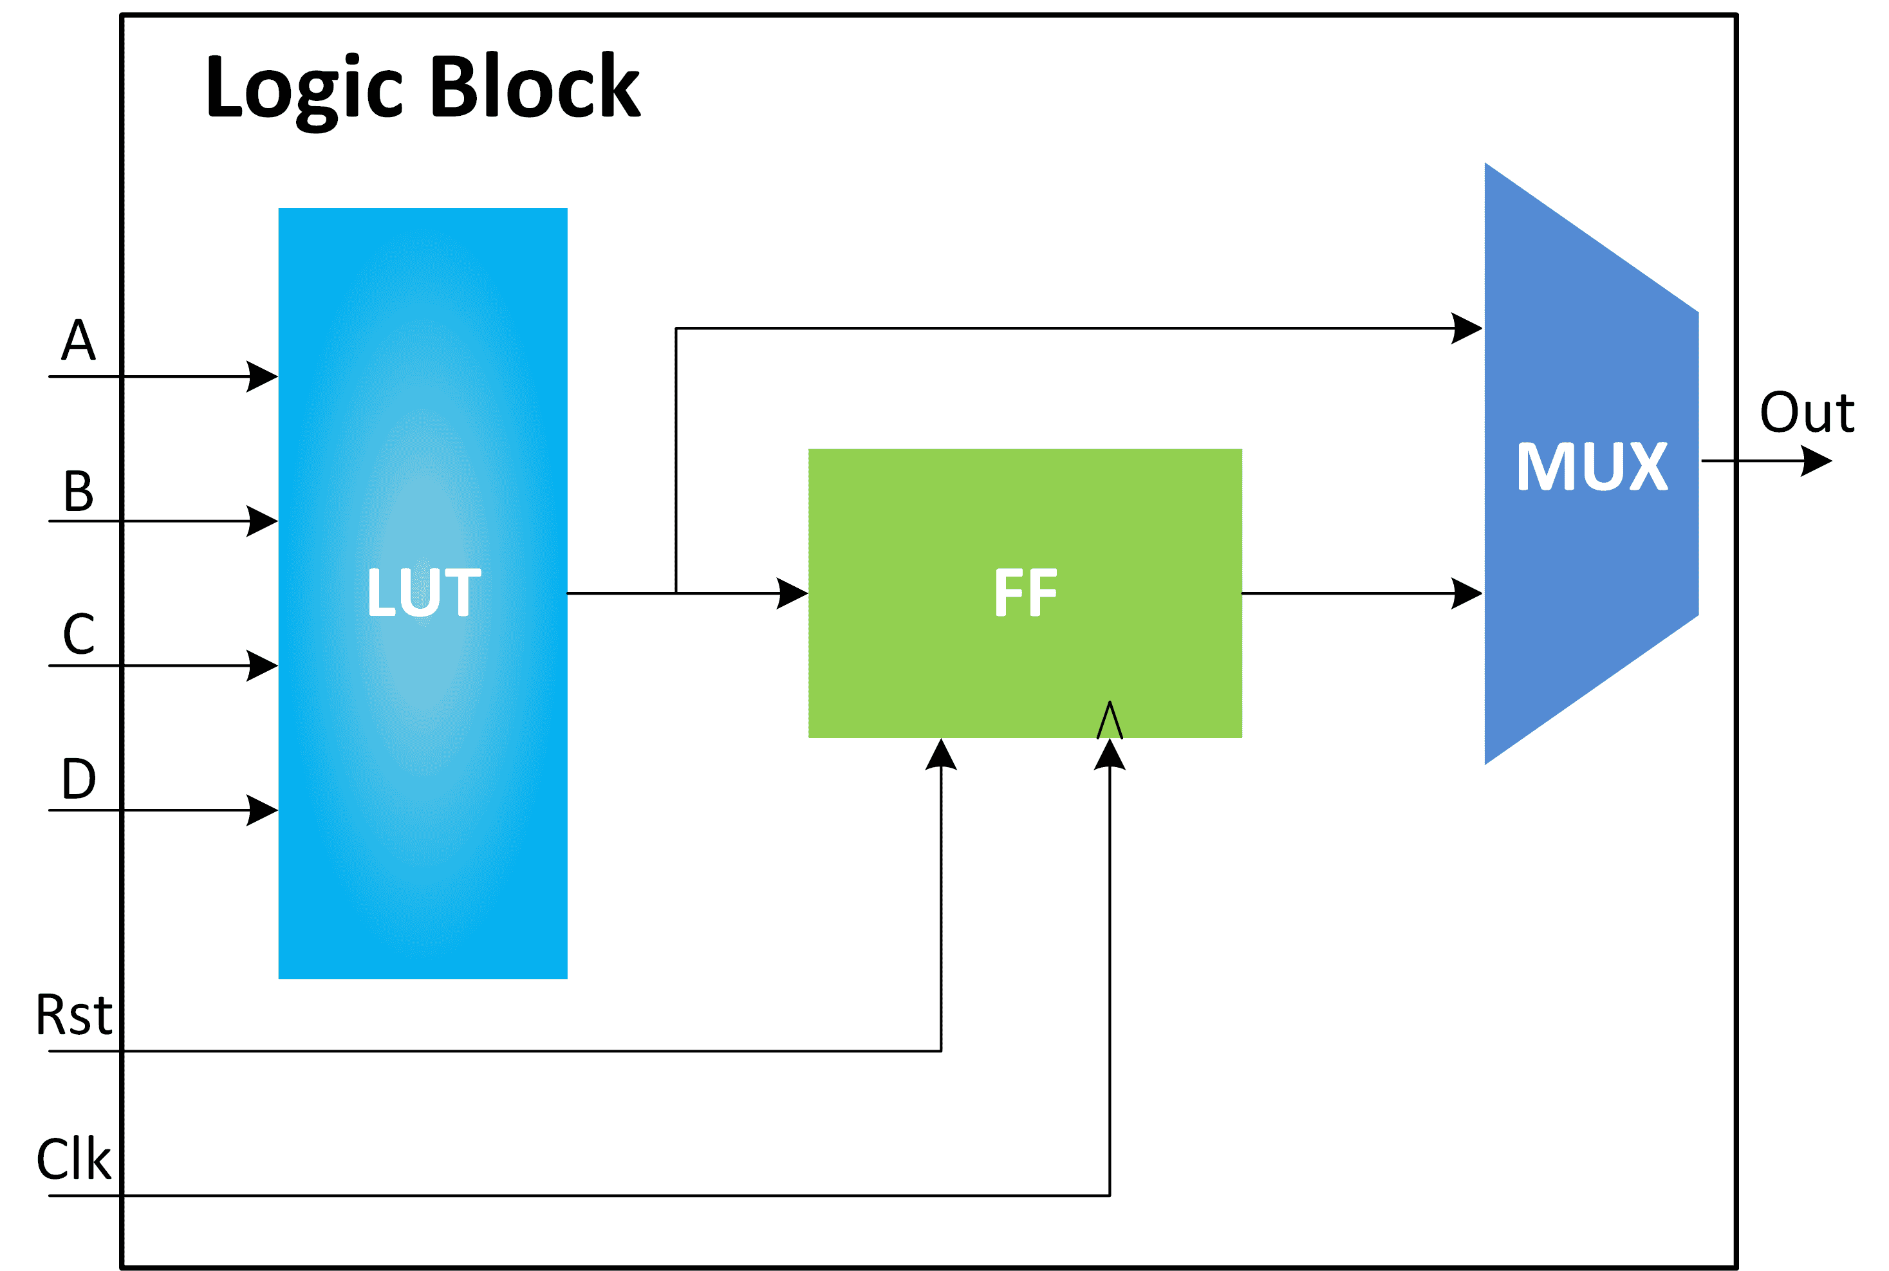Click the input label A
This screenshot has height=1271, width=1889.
click(79, 340)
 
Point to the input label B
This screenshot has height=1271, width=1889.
click(79, 490)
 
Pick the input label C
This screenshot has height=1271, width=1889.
click(79, 634)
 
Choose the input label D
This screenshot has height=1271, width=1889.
click(79, 778)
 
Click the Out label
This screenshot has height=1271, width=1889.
click(1807, 413)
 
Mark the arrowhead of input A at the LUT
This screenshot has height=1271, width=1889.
click(263, 376)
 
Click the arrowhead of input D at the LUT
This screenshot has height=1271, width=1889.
click(263, 810)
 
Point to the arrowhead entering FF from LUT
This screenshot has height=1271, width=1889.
click(792, 593)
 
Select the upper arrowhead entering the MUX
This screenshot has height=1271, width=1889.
click(1467, 328)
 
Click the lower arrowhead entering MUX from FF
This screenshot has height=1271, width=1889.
click(1467, 593)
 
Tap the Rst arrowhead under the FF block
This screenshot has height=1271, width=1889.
click(941, 754)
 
